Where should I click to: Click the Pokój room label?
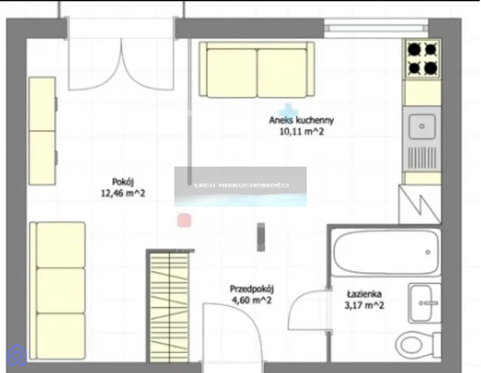123,182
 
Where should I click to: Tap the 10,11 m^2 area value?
301,132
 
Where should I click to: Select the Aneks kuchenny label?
301,120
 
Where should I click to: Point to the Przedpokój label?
252,289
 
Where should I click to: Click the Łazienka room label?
364,294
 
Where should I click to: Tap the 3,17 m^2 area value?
364,305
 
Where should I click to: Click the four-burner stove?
423,59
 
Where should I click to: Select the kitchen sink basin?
422,126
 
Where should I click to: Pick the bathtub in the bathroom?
385,252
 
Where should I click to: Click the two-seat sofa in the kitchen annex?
257,69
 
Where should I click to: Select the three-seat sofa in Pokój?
58,291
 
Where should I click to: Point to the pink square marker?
184,220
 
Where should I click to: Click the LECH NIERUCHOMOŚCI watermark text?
241,186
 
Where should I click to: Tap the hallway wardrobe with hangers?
169,306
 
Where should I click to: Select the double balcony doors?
121,65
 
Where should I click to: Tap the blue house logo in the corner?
17,355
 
